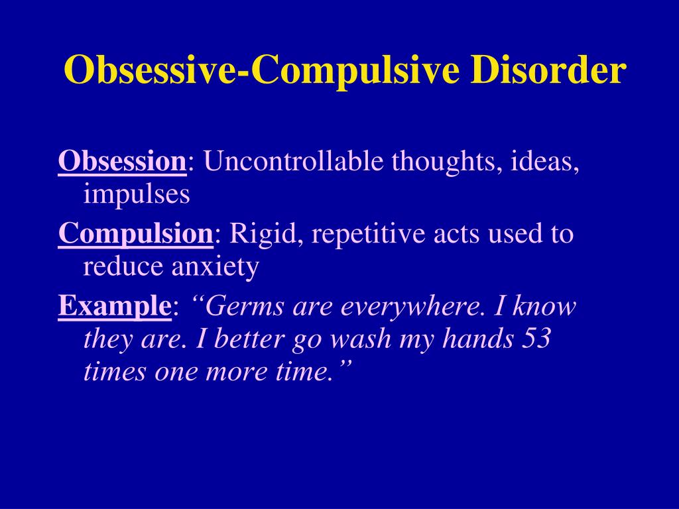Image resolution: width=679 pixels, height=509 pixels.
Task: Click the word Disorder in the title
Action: click(x=548, y=70)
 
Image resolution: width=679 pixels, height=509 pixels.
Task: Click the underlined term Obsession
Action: click(x=122, y=162)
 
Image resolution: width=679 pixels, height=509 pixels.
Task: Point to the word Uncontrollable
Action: click(x=294, y=160)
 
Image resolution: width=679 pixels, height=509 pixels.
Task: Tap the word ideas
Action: click(x=545, y=162)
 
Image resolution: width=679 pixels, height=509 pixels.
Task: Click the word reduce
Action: click(x=123, y=267)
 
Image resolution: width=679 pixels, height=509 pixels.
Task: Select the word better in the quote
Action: click(x=249, y=338)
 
